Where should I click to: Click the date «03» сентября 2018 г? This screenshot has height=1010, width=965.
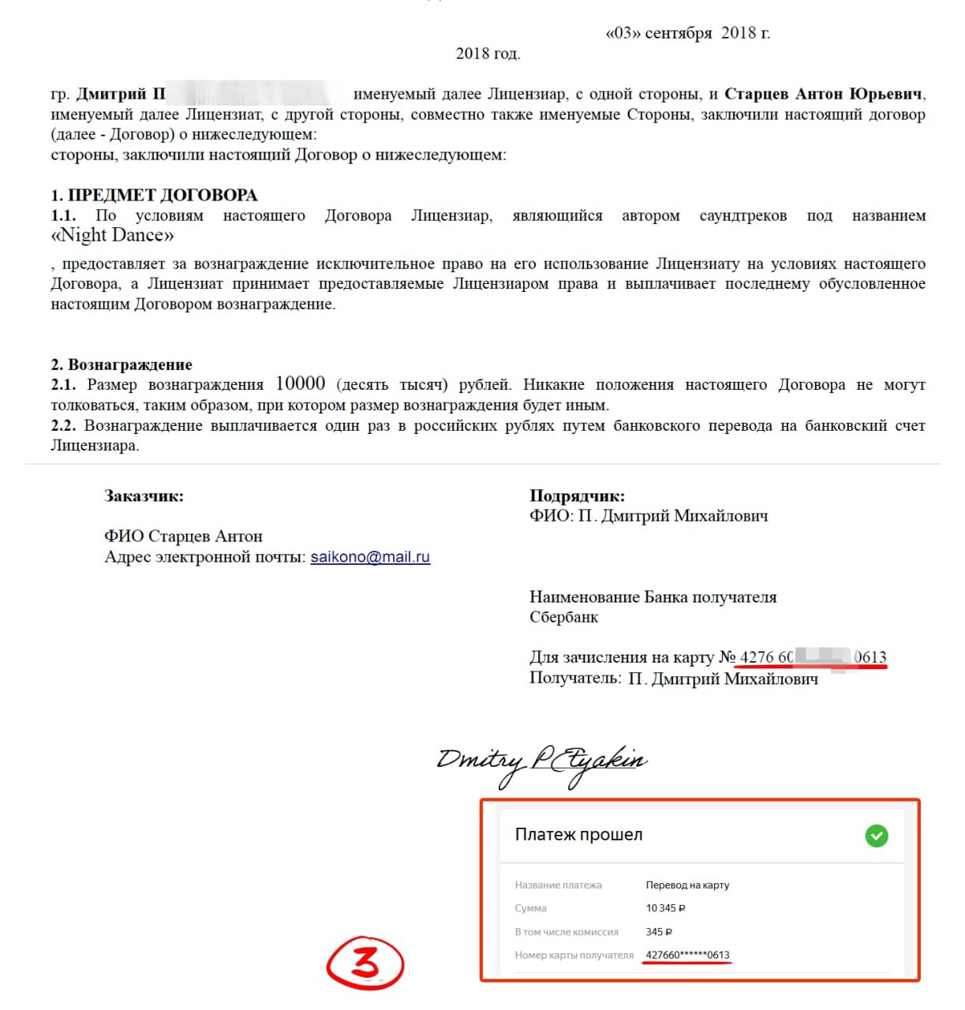pyautogui.click(x=687, y=33)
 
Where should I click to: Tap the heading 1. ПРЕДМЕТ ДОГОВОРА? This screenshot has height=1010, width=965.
pyautogui.click(x=154, y=195)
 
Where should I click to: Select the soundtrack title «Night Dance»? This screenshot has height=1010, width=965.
pyautogui.click(x=112, y=235)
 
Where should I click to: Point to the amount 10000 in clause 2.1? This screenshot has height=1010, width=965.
pyautogui.click(x=300, y=383)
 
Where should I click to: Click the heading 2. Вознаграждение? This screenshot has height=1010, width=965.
pyautogui.click(x=122, y=365)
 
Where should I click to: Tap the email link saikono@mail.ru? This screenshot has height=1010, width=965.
pyautogui.click(x=370, y=557)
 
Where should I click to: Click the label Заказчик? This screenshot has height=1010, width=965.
pyautogui.click(x=144, y=496)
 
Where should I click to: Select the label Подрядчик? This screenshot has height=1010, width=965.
pyautogui.click(x=577, y=496)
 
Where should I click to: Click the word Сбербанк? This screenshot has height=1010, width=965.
pyautogui.click(x=563, y=617)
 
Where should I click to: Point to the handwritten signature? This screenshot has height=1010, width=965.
pyautogui.click(x=541, y=762)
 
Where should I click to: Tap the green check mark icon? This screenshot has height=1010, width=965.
pyautogui.click(x=876, y=836)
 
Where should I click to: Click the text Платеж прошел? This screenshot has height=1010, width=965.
pyautogui.click(x=578, y=835)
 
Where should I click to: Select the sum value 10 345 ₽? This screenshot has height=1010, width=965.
pyautogui.click(x=665, y=908)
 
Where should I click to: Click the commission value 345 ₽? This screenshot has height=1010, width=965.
pyautogui.click(x=659, y=932)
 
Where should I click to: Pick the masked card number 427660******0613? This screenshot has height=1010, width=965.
pyautogui.click(x=687, y=955)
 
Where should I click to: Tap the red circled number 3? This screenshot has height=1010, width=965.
pyautogui.click(x=365, y=963)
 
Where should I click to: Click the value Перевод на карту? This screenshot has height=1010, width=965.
pyautogui.click(x=687, y=885)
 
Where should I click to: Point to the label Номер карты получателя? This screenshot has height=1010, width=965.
pyautogui.click(x=574, y=955)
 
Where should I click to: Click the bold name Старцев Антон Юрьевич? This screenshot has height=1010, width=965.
pyautogui.click(x=823, y=95)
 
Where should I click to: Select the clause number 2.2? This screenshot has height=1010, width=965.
pyautogui.click(x=63, y=426)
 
